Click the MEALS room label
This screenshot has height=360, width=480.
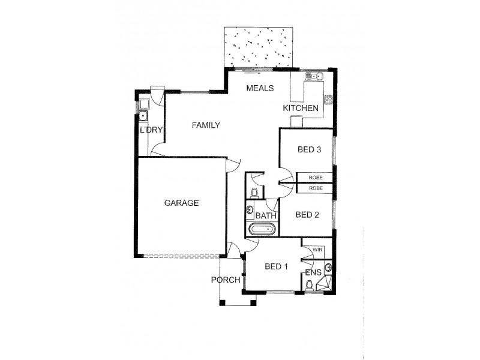coord(260,88)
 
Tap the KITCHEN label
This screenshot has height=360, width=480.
coord(300,108)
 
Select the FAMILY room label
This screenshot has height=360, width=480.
coord(206,125)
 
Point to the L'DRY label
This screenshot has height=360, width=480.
coord(151,130)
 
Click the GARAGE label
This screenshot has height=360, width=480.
coord(181,203)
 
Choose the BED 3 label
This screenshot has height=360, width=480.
coord(307,150)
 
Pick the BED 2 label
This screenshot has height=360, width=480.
coord(307,215)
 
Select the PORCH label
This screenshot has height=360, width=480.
coord(226,280)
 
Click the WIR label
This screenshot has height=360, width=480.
coord(318,248)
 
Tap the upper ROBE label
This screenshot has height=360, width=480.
coord(316,178)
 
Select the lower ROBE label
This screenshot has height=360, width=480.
coord(316,188)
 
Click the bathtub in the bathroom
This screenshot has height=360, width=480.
coord(262,229)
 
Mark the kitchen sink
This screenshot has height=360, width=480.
coord(314,76)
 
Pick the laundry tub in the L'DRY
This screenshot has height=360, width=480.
coord(143,115)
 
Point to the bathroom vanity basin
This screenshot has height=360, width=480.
coord(250,210)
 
